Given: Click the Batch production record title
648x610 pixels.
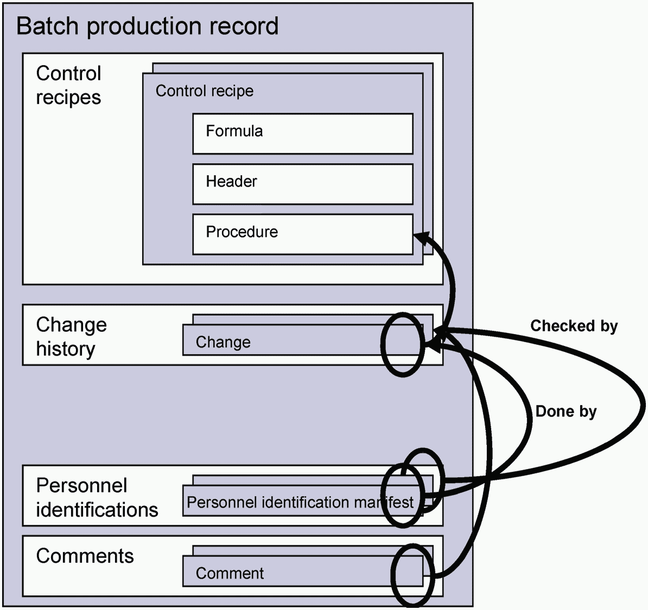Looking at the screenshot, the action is (147, 27).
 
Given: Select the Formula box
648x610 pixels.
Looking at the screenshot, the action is (303, 134).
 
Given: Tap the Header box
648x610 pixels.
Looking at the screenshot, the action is (303, 184).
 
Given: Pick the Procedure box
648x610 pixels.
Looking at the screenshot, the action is (303, 234).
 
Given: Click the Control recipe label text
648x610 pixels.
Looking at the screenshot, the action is (205, 91).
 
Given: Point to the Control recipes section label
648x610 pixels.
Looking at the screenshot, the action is (68, 86).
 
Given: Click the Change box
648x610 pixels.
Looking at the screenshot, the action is (303, 340).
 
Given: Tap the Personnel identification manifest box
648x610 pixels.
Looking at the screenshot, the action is (303, 500).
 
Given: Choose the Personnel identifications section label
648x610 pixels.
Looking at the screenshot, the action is (97, 498).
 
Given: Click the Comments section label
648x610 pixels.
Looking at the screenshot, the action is (85, 556).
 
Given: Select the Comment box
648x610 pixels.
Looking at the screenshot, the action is (303, 571).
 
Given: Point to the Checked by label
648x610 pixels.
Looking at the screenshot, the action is (574, 326).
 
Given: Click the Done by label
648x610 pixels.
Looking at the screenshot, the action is (566, 412).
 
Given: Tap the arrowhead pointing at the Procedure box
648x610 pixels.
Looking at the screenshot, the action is (422, 238).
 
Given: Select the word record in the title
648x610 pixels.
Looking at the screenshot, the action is (244, 27).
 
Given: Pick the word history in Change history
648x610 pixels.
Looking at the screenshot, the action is (66, 349).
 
